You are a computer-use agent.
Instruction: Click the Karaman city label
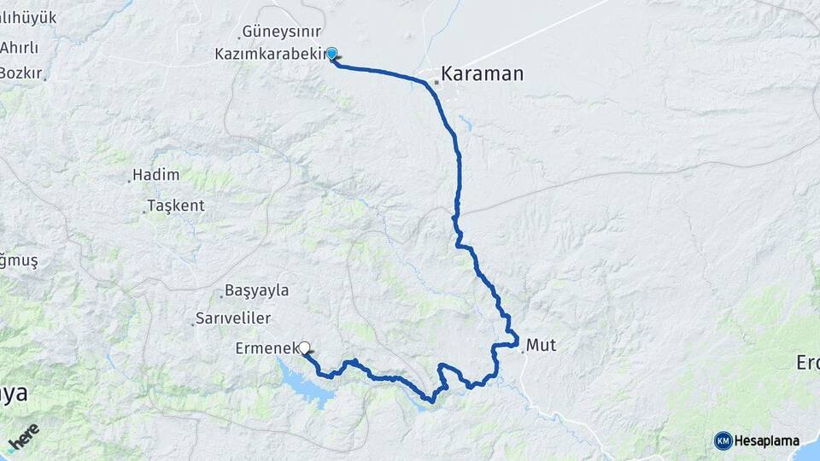[483, 74]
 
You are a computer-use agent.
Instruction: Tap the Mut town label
[541, 345]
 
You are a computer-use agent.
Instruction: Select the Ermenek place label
[265, 348]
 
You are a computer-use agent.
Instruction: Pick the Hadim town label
[156, 175]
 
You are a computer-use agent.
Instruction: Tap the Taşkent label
[176, 206]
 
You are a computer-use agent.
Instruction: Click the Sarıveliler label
[233, 318]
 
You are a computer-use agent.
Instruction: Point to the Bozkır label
[20, 73]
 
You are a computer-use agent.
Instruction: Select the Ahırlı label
[20, 46]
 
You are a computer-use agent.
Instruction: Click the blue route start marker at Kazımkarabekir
[331, 53]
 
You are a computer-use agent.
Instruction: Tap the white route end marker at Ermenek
[303, 347]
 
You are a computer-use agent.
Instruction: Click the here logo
[24, 438]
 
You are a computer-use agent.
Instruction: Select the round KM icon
[723, 441]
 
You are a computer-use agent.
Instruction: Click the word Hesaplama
[766, 441]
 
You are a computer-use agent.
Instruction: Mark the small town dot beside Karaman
[436, 82]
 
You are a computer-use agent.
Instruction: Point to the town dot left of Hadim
[129, 180]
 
